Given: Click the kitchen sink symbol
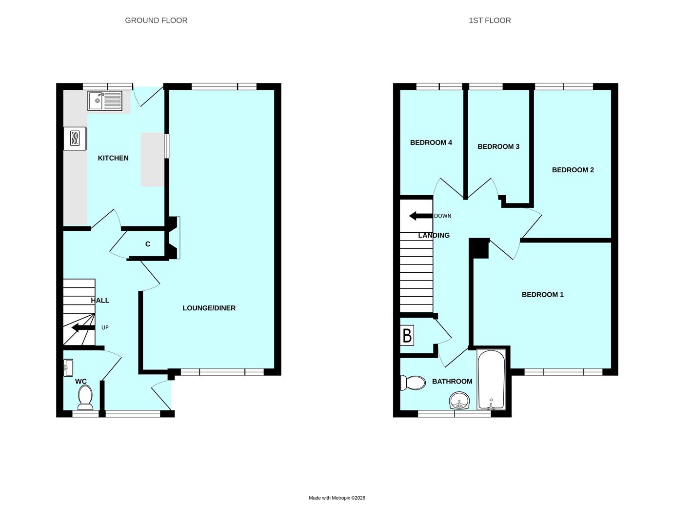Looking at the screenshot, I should (x=105, y=101).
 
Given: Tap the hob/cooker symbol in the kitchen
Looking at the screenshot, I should (x=75, y=138).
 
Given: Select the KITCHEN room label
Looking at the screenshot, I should (x=113, y=158).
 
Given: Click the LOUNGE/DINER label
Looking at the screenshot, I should (x=209, y=308).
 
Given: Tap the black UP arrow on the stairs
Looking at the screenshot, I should (x=83, y=328).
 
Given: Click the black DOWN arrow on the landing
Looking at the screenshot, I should (x=420, y=216).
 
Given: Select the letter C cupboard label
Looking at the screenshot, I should (x=148, y=244).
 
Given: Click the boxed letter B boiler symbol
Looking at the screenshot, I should (x=407, y=336).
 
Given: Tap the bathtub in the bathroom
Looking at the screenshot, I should (x=492, y=380).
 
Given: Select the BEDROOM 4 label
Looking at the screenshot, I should (x=431, y=142).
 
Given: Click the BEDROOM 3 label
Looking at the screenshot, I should (x=498, y=146).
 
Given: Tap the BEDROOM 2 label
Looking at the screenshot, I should (x=573, y=170).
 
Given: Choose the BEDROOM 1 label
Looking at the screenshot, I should (x=542, y=294).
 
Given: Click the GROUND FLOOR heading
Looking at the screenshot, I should (x=156, y=20).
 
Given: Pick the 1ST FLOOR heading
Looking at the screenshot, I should (x=490, y=20).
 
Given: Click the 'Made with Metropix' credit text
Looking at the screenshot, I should (x=337, y=498).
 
